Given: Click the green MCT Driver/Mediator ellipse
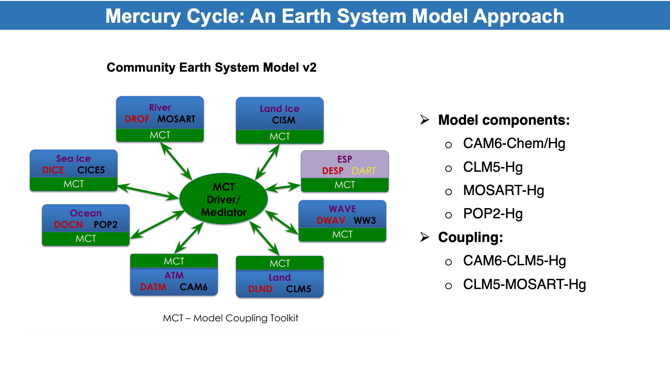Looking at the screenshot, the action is (223, 199).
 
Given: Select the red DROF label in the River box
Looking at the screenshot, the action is (137, 119).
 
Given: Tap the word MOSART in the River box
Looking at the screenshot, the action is (176, 119).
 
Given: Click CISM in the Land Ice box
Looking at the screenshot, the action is (283, 120).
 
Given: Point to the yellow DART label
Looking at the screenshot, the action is (363, 171).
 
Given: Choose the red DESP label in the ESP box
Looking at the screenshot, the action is (333, 171).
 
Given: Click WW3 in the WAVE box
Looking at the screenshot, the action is (365, 221).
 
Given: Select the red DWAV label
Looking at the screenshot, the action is (331, 221).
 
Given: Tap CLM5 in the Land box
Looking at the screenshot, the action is (299, 289).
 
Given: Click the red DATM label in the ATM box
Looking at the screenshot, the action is (153, 287).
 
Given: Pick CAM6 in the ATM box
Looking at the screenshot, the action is (194, 287).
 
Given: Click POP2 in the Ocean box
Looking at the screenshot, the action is (106, 225).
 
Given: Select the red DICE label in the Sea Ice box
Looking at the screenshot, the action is (53, 170).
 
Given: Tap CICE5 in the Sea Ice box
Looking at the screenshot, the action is (91, 170).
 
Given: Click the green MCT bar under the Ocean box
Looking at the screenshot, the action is (86, 239).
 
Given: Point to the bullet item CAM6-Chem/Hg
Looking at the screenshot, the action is (514, 143).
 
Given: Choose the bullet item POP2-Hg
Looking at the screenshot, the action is (493, 214).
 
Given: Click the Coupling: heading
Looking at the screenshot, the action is (470, 237).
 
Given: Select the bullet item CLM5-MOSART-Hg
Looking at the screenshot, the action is (524, 284).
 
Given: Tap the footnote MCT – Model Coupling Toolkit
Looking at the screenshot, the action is (230, 318).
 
